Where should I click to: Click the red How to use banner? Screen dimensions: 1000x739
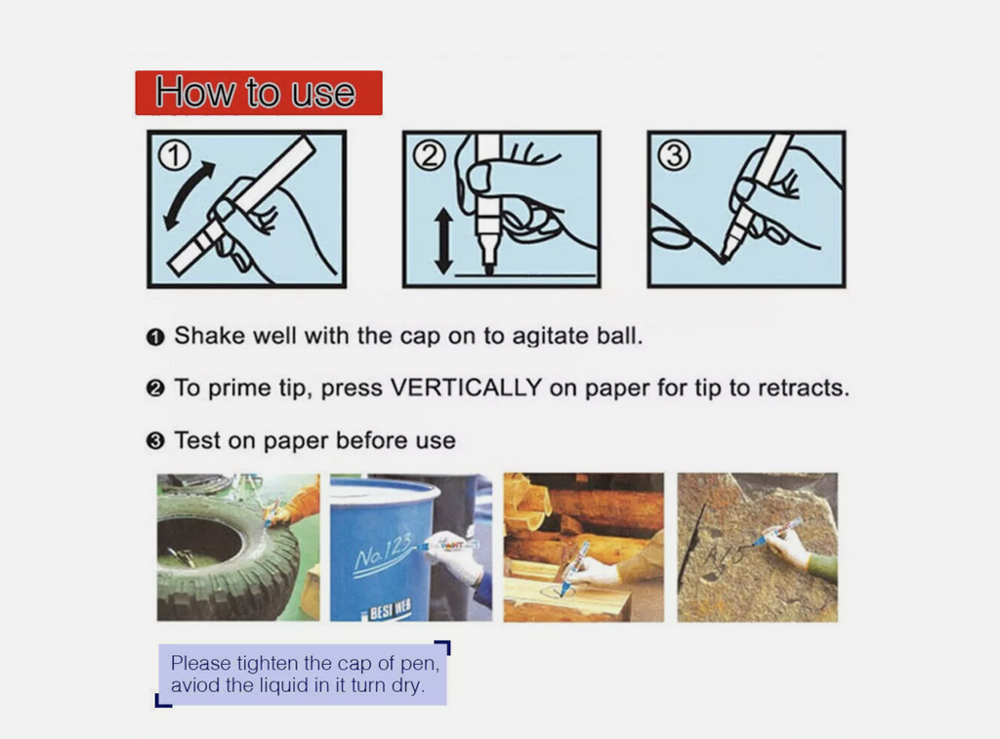258,93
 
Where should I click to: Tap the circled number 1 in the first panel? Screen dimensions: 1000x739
174,155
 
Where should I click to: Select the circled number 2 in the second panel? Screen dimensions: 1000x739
430,155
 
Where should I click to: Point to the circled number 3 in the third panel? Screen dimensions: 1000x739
674,155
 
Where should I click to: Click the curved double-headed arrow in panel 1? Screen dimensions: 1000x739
182,191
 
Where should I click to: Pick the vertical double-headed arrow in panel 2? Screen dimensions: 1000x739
444,241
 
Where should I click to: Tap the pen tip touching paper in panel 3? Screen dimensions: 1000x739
725,258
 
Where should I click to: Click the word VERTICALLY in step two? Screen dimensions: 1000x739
466,388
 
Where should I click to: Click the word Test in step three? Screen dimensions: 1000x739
195,440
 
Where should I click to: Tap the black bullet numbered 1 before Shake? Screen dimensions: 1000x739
155,337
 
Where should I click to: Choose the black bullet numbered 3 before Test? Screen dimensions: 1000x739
155,441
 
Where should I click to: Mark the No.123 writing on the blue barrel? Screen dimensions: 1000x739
384,551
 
